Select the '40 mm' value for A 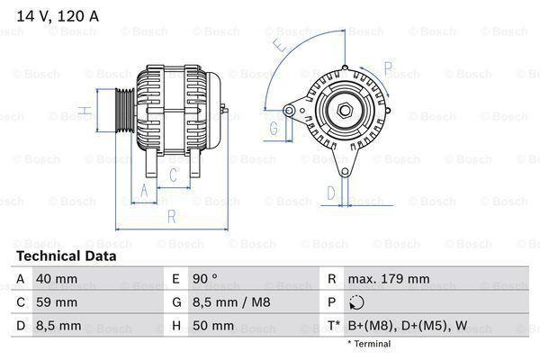pos(55,279)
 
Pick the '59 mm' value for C pos(55,301)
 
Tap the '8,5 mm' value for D pos(58,325)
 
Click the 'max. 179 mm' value pos(390,279)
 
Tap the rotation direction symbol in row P pos(356,302)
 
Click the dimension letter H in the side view pos(83,112)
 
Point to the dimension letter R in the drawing pos(172,215)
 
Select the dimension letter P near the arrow pos(388,67)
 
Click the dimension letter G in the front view pos(274,129)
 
